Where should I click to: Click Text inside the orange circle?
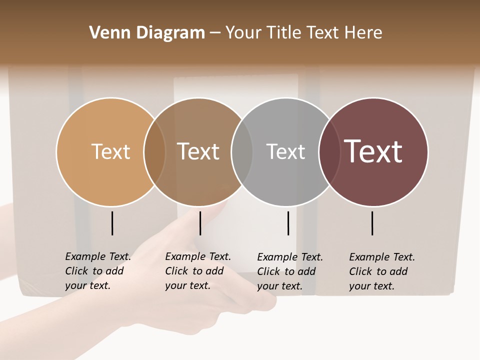click(110, 151)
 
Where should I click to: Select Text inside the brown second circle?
click(198, 151)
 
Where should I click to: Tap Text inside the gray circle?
click(285, 151)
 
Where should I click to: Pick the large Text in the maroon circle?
click(373, 151)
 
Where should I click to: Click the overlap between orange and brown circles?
click(154, 151)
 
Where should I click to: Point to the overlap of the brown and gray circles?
click(242, 151)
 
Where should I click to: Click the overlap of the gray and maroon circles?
click(329, 151)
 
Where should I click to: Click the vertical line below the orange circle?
click(112, 223)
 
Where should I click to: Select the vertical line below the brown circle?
click(200, 223)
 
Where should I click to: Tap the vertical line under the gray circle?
click(288, 223)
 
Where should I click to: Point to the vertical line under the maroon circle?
click(372, 223)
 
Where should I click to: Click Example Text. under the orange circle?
click(98, 256)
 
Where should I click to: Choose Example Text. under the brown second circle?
click(198, 256)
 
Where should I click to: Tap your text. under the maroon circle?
click(371, 286)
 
